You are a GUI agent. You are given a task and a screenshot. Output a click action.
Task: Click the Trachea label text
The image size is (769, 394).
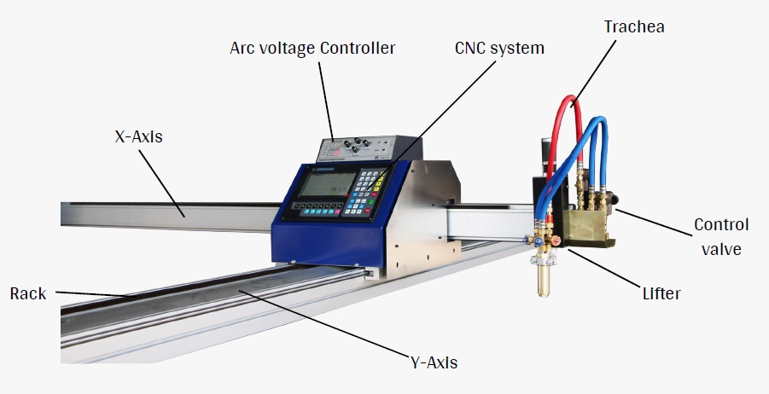(x=634, y=26)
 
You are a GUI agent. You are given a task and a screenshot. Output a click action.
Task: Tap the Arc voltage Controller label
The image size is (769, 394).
(x=312, y=48)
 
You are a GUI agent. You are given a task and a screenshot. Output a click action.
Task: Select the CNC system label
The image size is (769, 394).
(x=499, y=48)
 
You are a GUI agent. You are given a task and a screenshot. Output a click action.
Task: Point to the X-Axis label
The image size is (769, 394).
(x=138, y=136)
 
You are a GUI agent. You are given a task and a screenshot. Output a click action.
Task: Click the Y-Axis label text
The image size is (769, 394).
(x=434, y=362)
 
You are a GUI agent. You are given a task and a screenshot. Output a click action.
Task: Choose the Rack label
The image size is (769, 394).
(x=28, y=293)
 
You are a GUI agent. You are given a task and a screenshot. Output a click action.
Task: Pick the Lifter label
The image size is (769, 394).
(x=661, y=293)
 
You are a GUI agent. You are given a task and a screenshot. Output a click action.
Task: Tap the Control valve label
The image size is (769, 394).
(x=721, y=237)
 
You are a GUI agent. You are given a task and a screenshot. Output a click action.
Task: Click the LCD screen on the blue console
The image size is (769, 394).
(x=328, y=185)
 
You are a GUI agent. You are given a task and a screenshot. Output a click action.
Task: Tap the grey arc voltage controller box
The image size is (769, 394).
(x=369, y=148)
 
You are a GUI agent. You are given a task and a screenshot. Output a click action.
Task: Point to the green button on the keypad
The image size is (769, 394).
(x=371, y=201)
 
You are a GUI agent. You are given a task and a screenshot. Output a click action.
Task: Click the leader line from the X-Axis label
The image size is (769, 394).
(x=161, y=183)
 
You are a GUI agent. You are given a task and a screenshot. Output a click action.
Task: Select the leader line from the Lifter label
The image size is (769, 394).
(x=603, y=268)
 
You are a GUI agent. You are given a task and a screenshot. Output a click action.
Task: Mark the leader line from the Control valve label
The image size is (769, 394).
(x=655, y=223)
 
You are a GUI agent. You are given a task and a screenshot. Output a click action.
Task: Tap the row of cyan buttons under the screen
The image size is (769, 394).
(x=321, y=212)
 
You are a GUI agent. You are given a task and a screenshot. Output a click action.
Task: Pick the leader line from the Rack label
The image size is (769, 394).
(x=95, y=294)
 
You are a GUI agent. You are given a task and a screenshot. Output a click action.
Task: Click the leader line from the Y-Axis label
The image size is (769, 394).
(x=324, y=324)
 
